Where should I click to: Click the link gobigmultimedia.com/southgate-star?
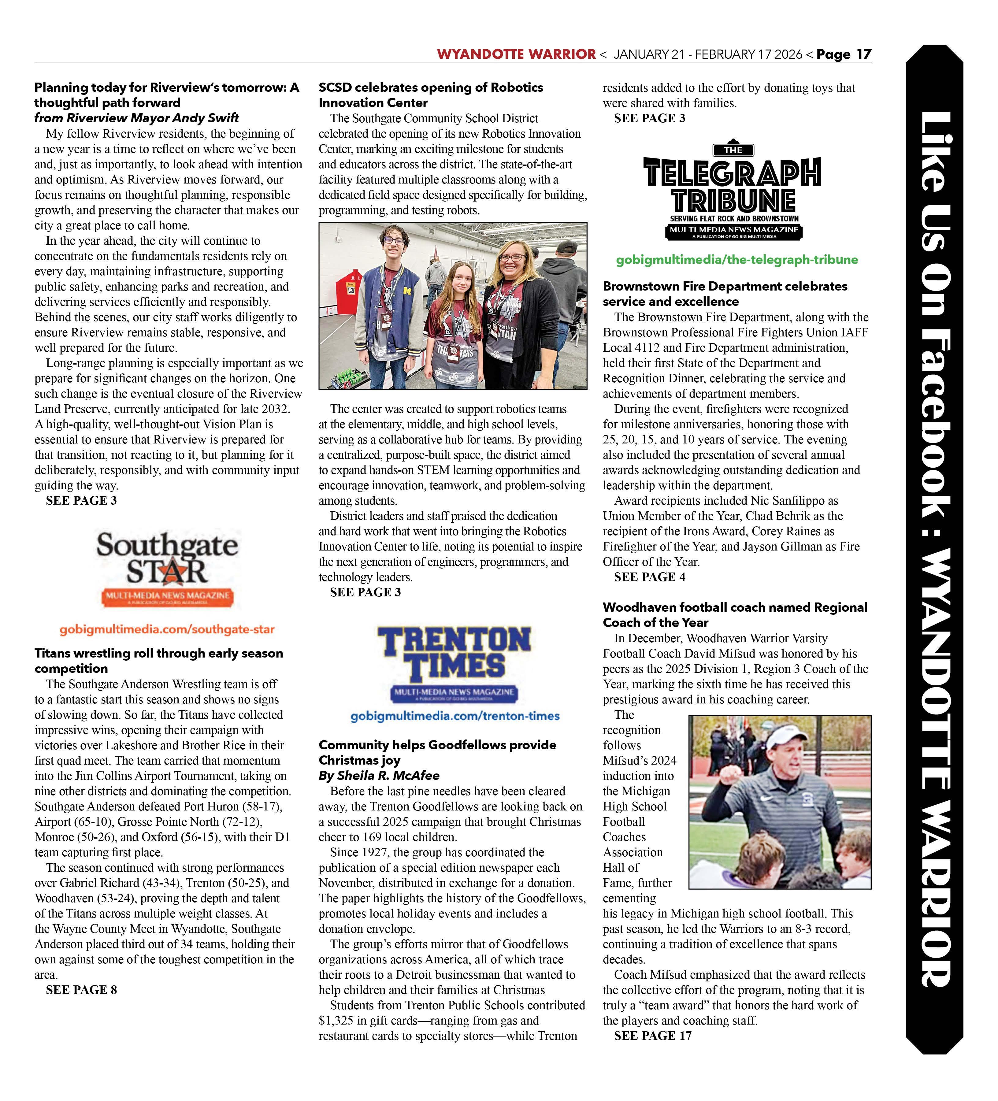point(167,629)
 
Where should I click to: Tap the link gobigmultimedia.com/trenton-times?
point(455,715)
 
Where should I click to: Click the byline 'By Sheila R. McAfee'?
point(379,776)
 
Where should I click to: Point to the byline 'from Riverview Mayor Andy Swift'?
point(136,118)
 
